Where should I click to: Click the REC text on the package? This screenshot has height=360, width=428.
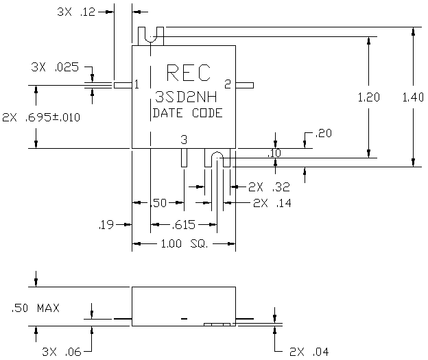click(x=189, y=73)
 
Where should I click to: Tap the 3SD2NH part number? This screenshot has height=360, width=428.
click(x=186, y=97)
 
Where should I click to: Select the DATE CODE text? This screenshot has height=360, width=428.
click(x=188, y=113)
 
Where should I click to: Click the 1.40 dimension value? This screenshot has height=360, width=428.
click(x=413, y=97)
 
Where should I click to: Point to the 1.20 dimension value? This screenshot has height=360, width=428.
click(x=369, y=97)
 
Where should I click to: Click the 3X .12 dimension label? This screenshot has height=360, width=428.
click(x=76, y=12)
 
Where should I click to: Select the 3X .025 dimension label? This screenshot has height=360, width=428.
click(x=55, y=67)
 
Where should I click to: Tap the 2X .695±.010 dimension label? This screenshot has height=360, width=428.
click(x=41, y=117)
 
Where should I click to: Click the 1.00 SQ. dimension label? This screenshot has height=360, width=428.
click(x=185, y=243)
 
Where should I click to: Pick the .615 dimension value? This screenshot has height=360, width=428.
click(x=183, y=225)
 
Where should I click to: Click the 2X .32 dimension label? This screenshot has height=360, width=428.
click(x=269, y=187)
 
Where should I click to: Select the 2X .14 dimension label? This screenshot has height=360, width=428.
click(x=272, y=203)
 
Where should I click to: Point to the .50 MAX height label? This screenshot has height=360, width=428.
click(x=36, y=308)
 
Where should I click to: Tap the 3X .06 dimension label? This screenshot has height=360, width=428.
click(x=62, y=352)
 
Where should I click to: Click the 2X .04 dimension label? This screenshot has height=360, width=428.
click(x=309, y=352)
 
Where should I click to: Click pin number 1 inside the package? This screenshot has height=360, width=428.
click(x=136, y=84)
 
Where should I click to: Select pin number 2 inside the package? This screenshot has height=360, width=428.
click(x=228, y=84)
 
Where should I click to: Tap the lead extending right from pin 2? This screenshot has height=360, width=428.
click(x=245, y=86)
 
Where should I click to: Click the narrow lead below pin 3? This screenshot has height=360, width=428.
click(x=185, y=158)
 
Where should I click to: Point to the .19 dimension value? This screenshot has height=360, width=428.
click(x=106, y=225)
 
